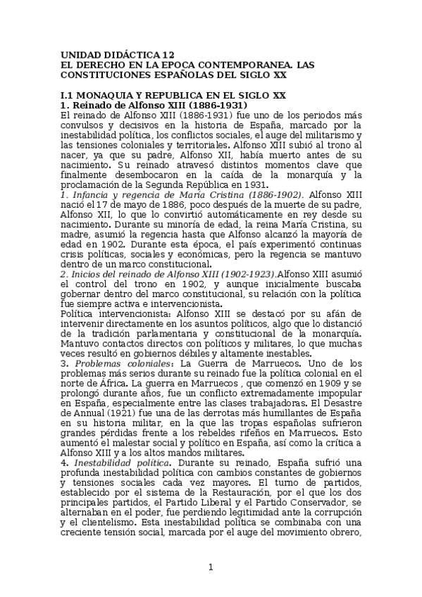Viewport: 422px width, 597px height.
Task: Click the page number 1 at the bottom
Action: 210,567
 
